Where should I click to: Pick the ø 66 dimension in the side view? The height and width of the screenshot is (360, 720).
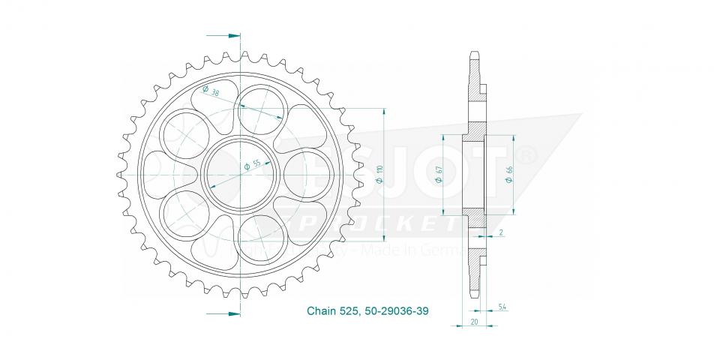tap(510, 172)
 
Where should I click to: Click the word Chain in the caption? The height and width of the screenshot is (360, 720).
tap(321, 309)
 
